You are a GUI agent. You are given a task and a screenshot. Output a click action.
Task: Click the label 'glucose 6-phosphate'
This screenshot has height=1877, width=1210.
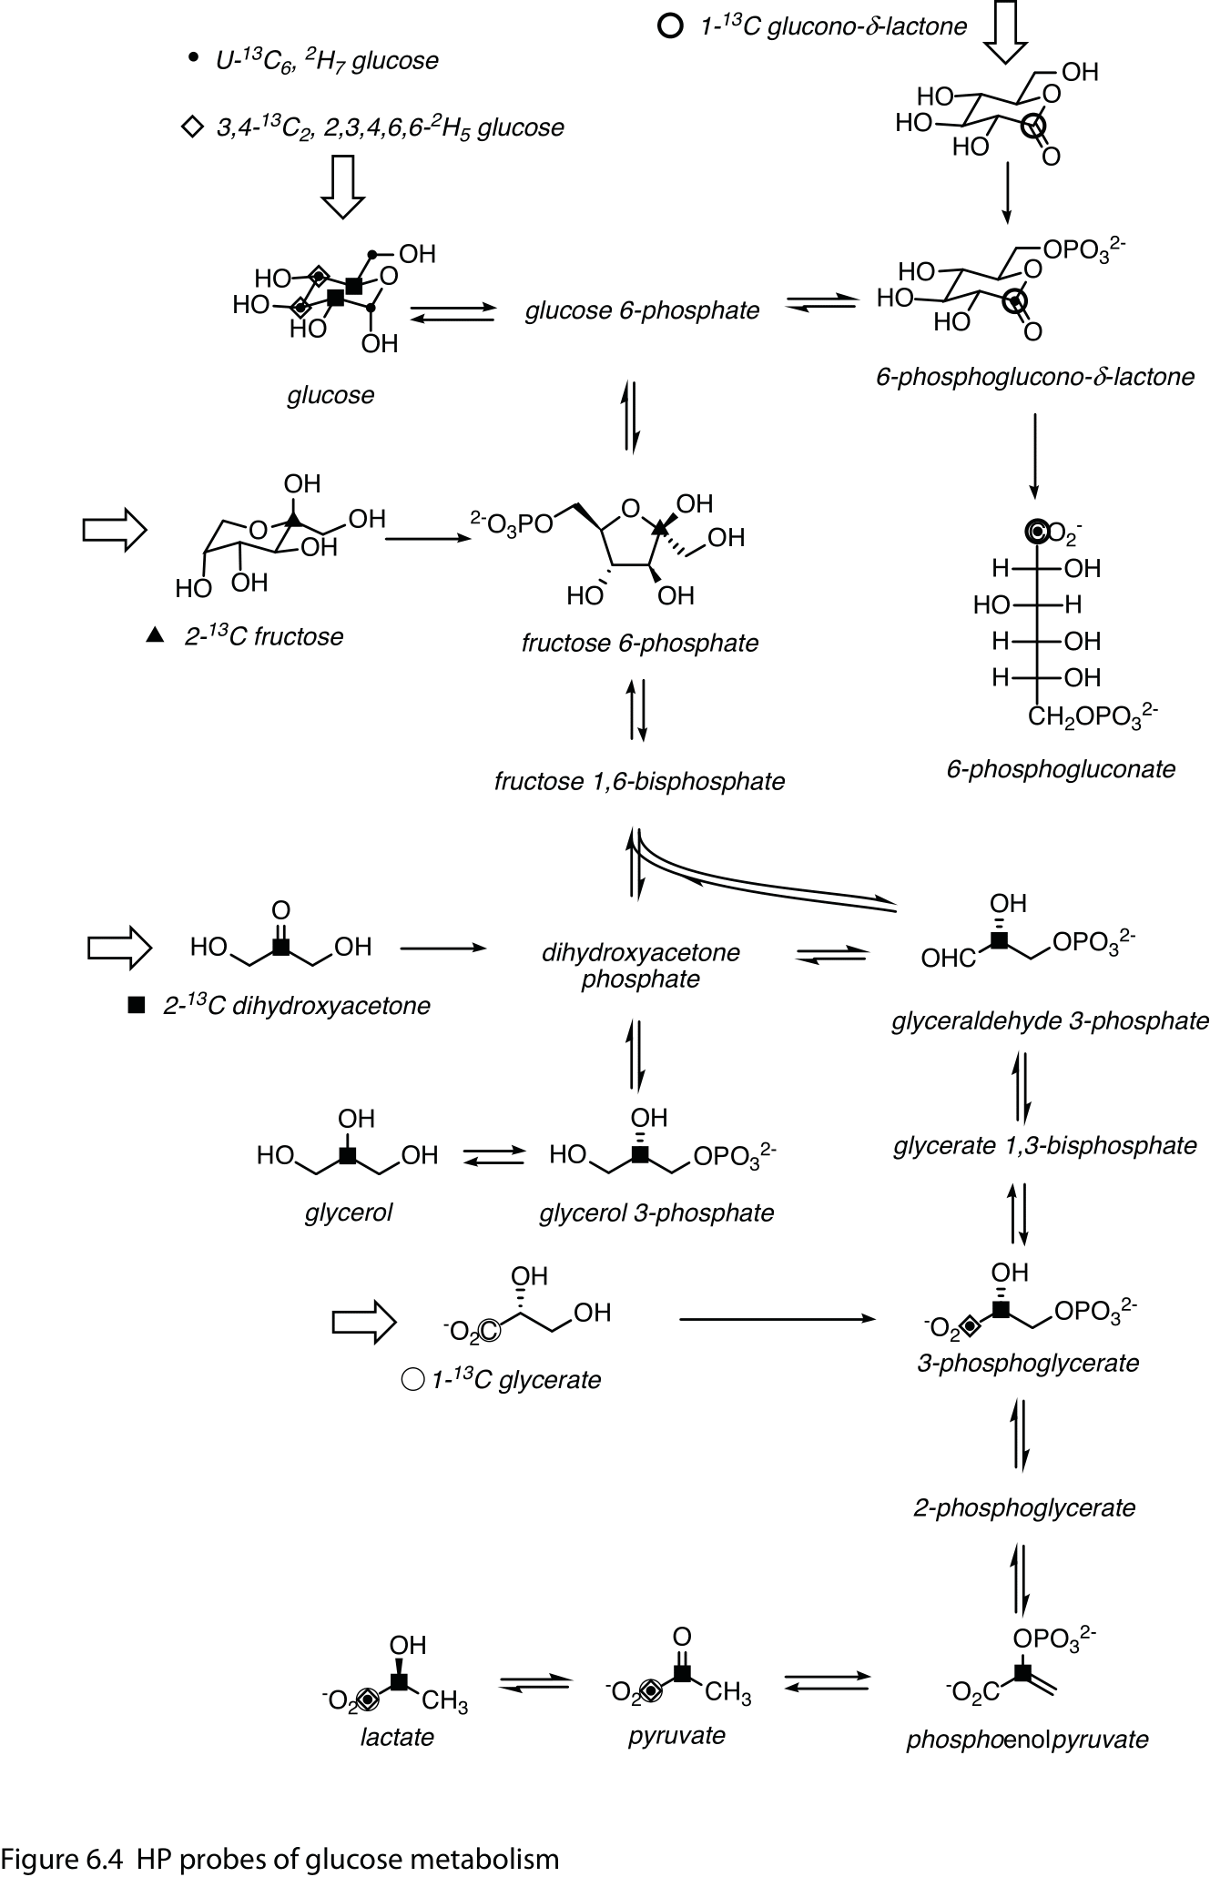[642, 311]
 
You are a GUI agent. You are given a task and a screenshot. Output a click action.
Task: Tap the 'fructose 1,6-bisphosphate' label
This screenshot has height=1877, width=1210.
[639, 782]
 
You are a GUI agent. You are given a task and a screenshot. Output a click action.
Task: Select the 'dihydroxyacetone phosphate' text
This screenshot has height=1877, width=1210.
[640, 966]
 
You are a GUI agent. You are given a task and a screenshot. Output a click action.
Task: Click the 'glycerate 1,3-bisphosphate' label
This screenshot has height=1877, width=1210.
[1044, 1145]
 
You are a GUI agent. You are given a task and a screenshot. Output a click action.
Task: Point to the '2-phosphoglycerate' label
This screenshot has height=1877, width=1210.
[1024, 1508]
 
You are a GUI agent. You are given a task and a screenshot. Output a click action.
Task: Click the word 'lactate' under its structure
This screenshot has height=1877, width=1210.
[397, 1737]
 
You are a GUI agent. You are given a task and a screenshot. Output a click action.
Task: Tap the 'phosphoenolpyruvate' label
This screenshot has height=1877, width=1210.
[1027, 1740]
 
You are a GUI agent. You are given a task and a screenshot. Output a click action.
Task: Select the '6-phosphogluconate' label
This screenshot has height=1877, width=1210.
[1061, 769]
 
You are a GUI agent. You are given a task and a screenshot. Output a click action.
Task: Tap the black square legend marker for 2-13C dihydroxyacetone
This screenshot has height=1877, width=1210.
[137, 1006]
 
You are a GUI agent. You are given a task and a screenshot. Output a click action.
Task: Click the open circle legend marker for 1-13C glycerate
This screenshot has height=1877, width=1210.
[412, 1380]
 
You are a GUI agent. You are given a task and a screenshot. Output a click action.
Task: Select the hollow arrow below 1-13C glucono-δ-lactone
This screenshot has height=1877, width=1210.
[1006, 38]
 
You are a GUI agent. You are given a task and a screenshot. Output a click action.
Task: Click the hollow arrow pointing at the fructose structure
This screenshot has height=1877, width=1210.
[115, 530]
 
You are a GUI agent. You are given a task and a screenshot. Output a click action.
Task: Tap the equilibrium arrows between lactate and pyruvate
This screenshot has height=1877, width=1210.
[535, 1684]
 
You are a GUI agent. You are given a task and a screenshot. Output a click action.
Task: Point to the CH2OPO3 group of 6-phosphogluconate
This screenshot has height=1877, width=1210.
[1093, 716]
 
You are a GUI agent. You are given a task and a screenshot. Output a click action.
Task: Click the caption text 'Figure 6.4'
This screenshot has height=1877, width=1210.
[61, 1858]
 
